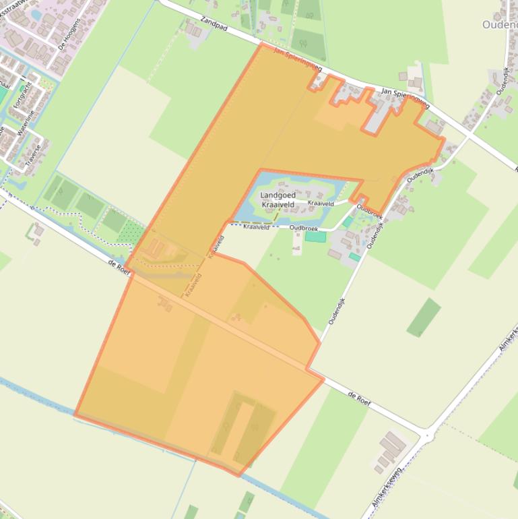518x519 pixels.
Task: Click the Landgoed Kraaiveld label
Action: click(x=278, y=200)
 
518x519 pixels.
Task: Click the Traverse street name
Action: click(x=33, y=154)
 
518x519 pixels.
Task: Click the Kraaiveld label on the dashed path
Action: click(x=256, y=227)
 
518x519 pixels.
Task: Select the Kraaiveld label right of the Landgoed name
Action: click(x=321, y=203)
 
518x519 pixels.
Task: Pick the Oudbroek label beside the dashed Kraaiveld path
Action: click(x=303, y=228)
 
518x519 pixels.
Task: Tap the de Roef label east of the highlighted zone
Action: click(x=360, y=398)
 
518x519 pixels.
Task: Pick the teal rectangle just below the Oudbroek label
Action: click(x=315, y=237)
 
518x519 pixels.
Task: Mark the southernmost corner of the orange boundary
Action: click(x=240, y=475)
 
